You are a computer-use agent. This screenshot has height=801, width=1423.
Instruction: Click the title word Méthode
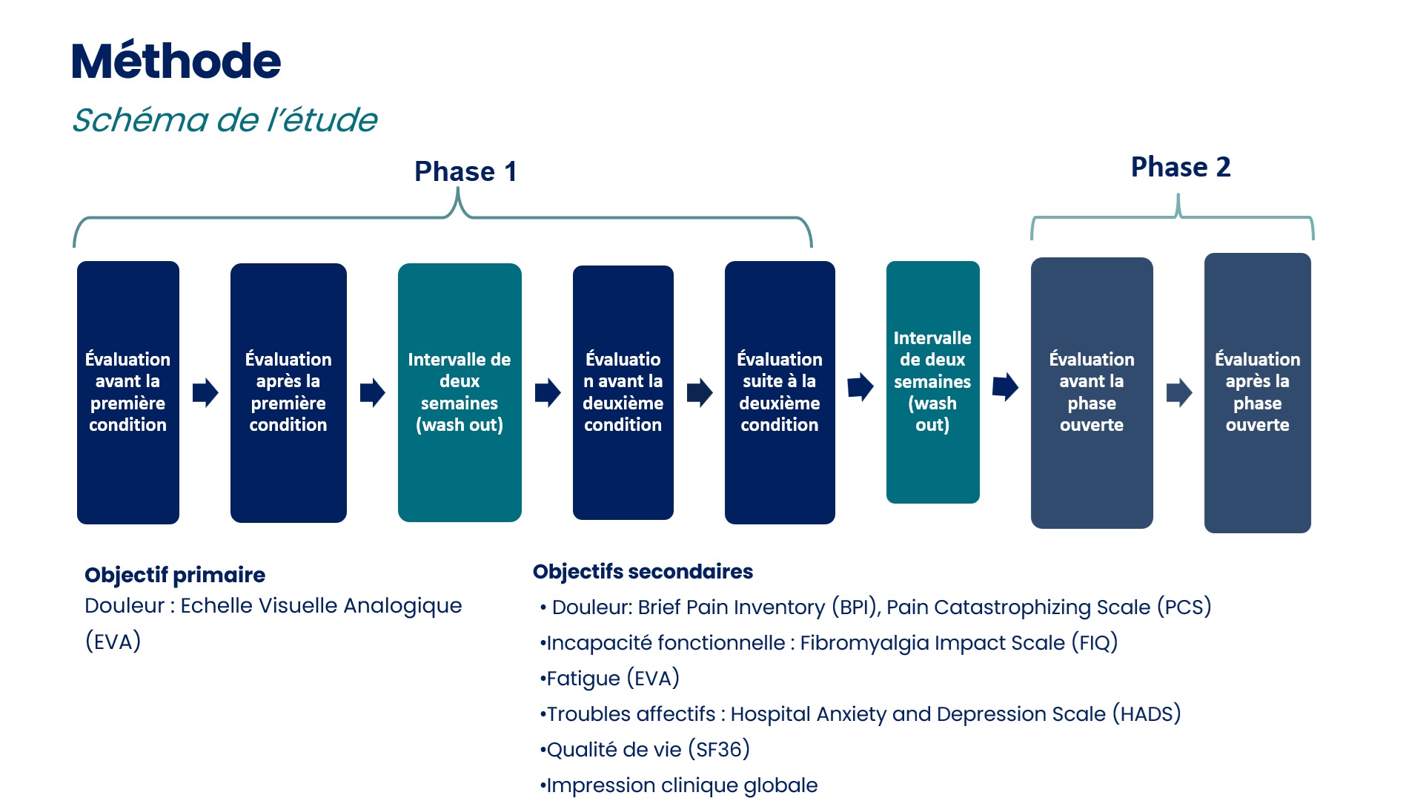click(176, 60)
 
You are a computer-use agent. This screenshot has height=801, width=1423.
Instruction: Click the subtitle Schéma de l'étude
click(225, 119)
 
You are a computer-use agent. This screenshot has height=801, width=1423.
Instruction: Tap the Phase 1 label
click(465, 171)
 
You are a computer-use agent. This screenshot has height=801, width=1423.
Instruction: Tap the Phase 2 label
click(1181, 167)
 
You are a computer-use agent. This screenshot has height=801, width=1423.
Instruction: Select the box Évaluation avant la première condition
click(128, 392)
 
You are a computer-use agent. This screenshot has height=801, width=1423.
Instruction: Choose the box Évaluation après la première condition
click(288, 392)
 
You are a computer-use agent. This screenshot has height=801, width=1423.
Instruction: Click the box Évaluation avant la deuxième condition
click(623, 392)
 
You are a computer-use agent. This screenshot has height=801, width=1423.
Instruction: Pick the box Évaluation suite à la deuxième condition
click(780, 392)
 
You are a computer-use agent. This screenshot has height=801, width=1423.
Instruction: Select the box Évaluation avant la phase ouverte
click(1092, 393)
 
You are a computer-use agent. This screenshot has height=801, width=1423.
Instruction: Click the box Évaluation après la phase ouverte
click(1258, 393)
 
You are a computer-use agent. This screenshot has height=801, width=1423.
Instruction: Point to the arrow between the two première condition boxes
click(205, 392)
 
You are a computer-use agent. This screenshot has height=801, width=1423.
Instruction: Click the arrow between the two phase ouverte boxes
click(1179, 392)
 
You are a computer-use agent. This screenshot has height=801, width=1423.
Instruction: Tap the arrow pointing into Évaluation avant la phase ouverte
click(1006, 386)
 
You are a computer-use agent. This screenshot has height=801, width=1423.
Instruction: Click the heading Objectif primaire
click(175, 575)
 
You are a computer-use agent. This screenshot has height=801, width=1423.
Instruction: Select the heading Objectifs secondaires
click(643, 572)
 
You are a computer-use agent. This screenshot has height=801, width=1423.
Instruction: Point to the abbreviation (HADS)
click(1147, 713)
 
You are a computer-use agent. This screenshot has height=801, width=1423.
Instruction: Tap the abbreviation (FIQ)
click(1095, 642)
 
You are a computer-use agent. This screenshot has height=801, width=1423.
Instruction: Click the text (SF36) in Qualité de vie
click(719, 749)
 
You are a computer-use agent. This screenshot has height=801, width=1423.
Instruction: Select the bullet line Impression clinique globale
click(679, 785)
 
